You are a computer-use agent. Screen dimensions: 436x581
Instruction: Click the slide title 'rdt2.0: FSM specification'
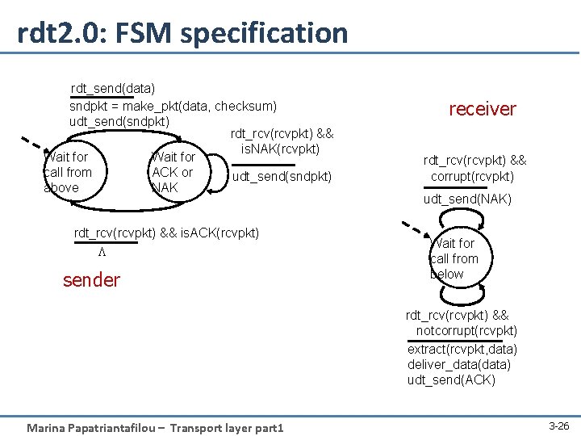182,33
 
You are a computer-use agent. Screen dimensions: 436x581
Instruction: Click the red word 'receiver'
482,109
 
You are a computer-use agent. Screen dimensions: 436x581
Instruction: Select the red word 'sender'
91,280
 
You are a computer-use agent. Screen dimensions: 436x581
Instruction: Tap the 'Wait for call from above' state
68,172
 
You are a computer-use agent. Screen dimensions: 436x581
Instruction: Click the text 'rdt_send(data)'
113,87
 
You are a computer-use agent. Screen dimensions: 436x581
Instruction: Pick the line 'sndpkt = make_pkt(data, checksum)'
173,106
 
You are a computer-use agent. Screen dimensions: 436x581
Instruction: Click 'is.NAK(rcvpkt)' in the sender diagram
281,149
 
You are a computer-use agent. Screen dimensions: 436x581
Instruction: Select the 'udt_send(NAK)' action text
468,199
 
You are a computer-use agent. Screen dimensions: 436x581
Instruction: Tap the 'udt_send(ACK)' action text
451,380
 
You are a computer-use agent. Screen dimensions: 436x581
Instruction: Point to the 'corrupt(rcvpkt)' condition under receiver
472,176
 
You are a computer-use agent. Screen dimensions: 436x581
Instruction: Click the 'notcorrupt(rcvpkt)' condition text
466,331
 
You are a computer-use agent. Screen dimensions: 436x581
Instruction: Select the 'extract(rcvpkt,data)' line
462,349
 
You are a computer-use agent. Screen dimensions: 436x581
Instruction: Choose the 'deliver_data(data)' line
458,365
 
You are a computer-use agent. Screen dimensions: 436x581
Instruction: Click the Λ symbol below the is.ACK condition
102,251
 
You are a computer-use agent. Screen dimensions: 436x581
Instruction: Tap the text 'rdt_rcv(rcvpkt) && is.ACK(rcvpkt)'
167,233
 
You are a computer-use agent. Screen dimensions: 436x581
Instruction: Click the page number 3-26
558,425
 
